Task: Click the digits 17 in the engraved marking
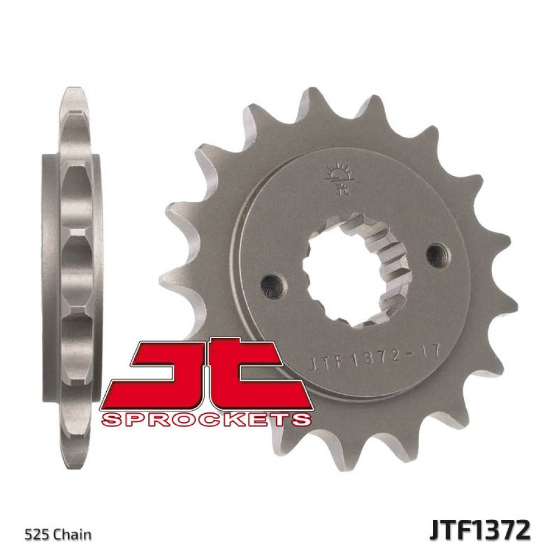[x=433, y=352]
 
